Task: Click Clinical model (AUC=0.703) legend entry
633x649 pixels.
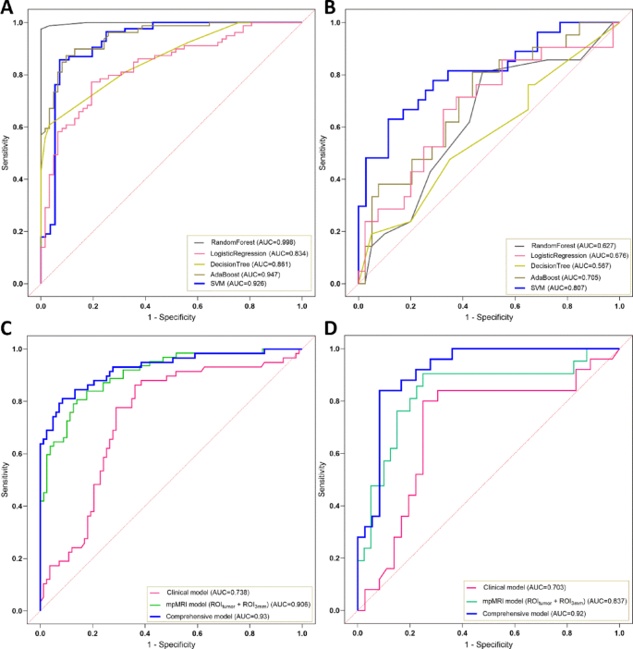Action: point(523,587)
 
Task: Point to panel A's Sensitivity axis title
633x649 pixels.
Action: point(8,153)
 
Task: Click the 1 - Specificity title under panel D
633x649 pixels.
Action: point(488,641)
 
